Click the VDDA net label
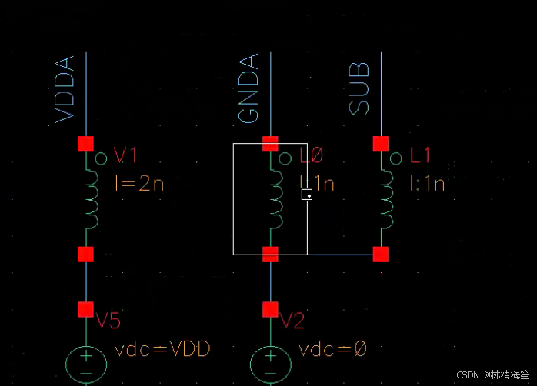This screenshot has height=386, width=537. click(65, 88)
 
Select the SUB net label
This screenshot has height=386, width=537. click(359, 88)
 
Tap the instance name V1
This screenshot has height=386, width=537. click(125, 156)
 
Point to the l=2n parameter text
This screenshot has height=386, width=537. click(138, 184)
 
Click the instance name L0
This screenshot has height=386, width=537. click(312, 156)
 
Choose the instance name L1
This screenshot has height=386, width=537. click(420, 156)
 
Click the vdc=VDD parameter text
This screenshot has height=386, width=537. click(162, 350)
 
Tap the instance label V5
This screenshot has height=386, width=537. click(108, 321)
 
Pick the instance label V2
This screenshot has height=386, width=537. click(293, 321)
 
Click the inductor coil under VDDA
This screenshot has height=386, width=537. click(92, 198)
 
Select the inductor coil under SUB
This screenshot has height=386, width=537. click(386, 198)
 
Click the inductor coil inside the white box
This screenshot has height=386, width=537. click(275, 198)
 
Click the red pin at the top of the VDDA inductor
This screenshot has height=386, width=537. click(85, 144)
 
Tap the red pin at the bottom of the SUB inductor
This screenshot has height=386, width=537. click(380, 254)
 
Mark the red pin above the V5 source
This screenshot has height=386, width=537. click(85, 309)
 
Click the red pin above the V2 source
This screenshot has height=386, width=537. click(270, 309)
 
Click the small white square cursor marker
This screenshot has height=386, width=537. click(307, 195)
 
